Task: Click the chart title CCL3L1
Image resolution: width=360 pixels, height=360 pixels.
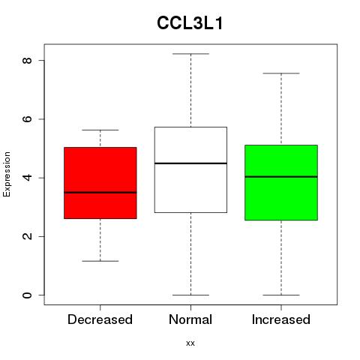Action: (190, 23)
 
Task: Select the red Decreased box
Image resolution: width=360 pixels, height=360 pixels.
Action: (100, 183)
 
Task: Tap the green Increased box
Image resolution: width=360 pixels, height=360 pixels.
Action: (281, 182)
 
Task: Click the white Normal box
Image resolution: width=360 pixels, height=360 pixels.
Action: (190, 169)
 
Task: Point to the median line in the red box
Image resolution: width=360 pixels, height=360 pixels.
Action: (100, 193)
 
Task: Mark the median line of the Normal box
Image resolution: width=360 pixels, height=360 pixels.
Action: (190, 163)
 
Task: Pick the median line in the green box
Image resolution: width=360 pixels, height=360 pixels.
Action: (281, 177)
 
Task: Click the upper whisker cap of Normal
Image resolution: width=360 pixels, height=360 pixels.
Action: (190, 54)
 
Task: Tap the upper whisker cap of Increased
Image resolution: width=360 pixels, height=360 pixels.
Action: (281, 73)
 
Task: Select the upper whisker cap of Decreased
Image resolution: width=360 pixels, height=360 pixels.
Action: (100, 130)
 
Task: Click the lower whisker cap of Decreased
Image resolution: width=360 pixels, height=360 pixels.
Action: (100, 261)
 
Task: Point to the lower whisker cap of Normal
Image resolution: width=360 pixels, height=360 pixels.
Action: (190, 295)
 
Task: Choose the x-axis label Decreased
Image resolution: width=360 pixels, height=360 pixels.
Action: (100, 319)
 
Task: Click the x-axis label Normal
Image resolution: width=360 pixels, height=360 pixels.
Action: (190, 319)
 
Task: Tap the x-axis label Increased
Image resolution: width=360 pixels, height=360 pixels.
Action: (281, 319)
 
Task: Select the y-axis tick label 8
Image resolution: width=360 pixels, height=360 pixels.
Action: (27, 60)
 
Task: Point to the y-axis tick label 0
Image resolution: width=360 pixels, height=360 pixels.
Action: (27, 295)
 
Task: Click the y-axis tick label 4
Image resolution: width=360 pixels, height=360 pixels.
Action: (27, 178)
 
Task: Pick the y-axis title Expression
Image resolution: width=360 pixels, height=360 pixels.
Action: (7, 174)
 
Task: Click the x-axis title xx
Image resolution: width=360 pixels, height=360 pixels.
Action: (190, 343)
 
